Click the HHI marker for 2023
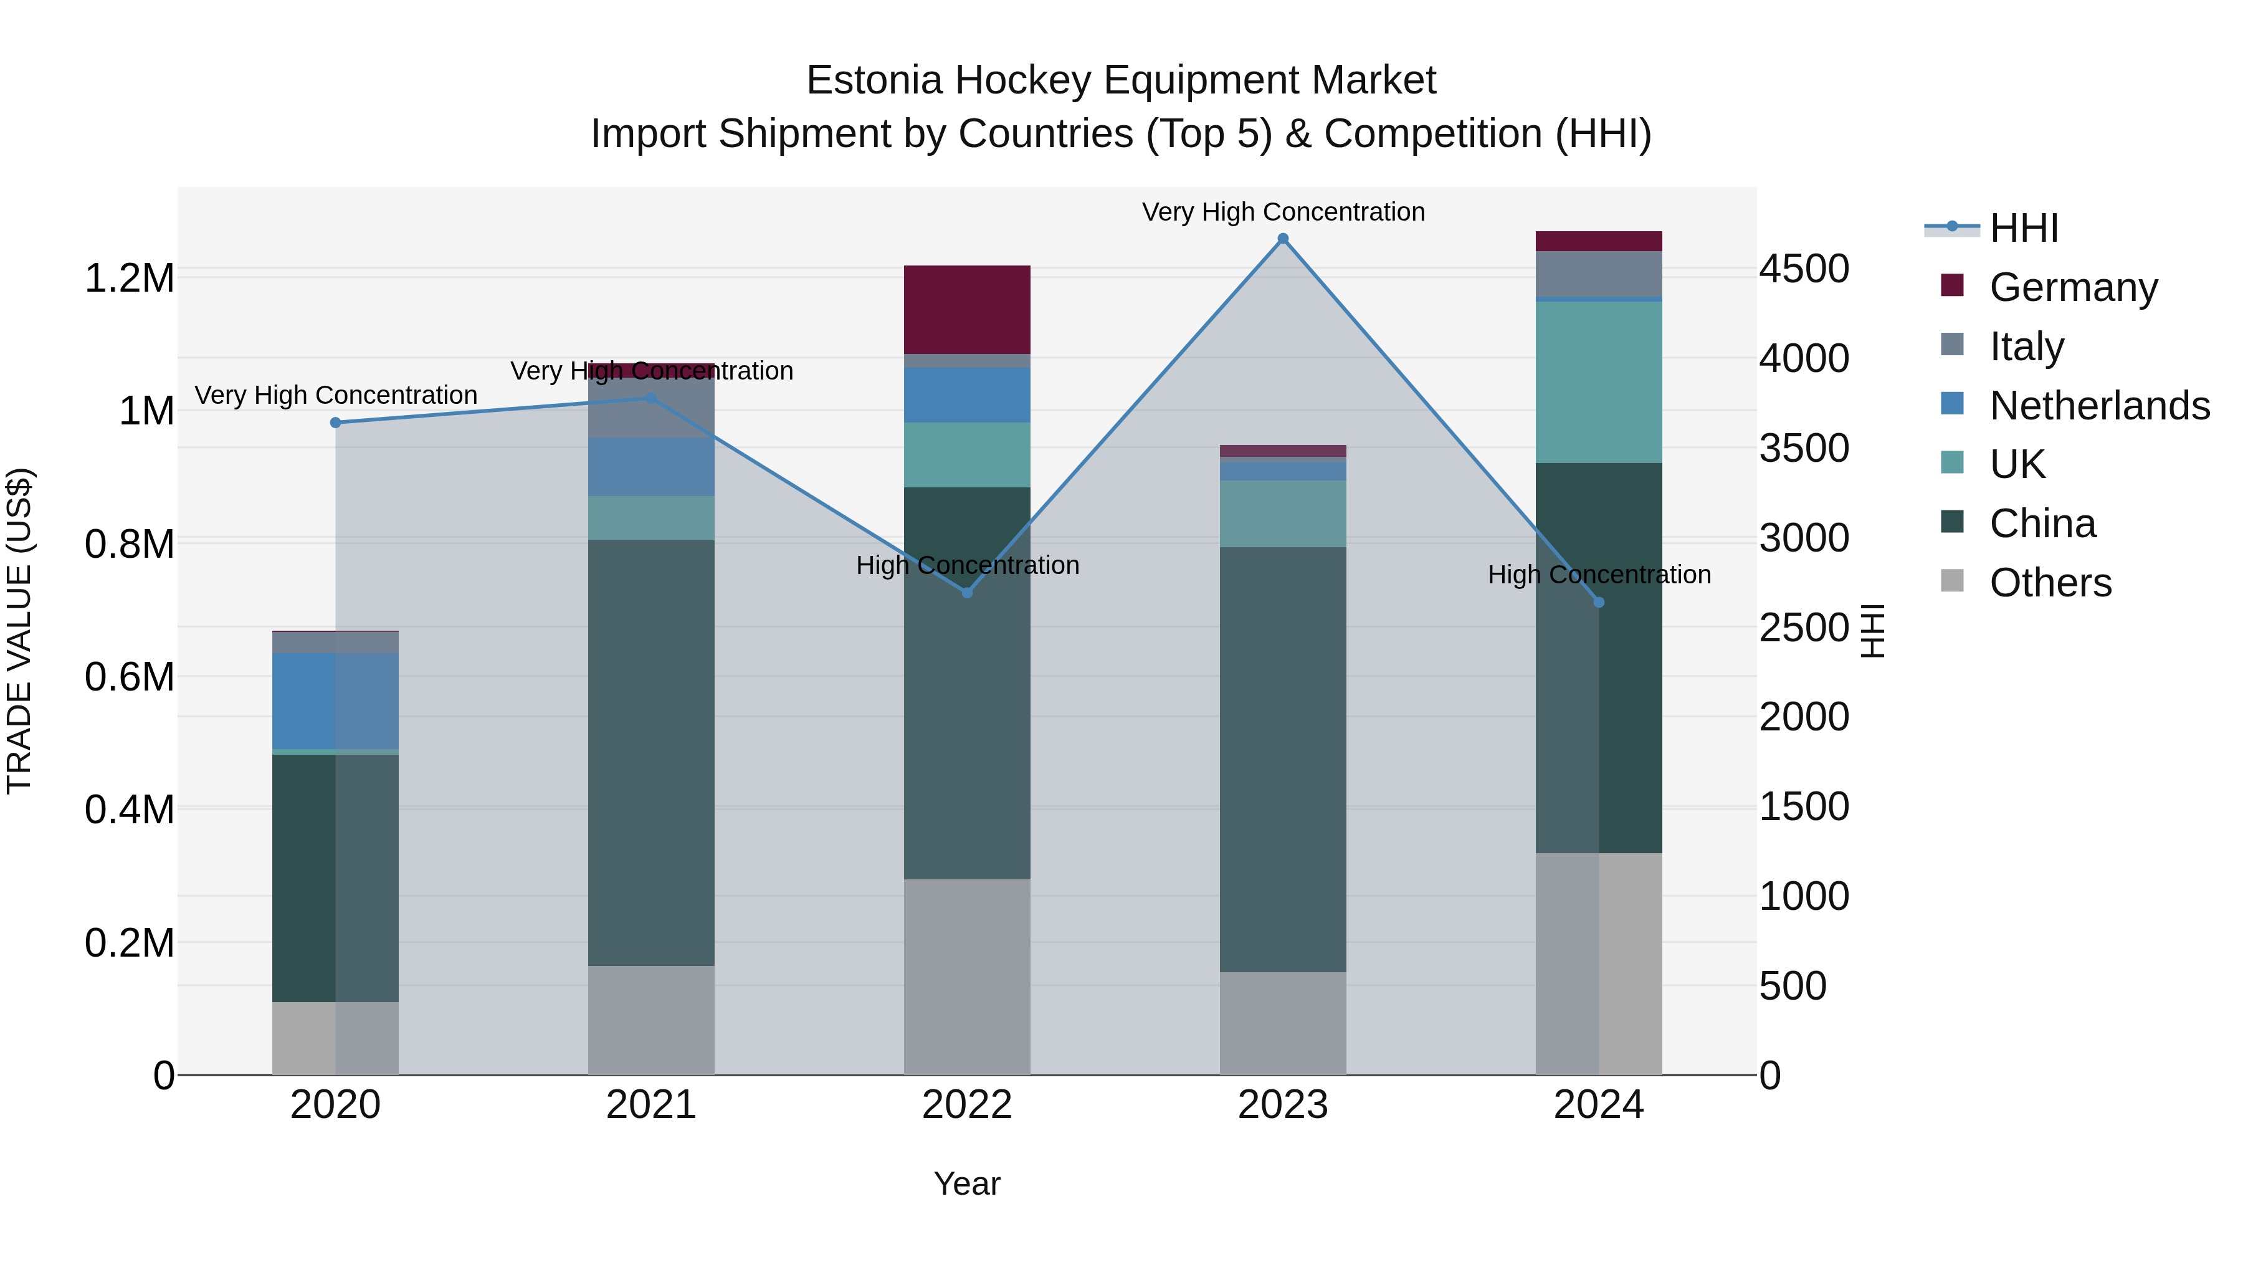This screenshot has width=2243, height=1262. point(1283,239)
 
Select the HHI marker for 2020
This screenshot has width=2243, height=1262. point(335,423)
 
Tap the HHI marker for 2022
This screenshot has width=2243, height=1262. point(966,592)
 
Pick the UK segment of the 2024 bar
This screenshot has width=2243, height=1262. point(1599,381)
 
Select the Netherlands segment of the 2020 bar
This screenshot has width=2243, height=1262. point(335,700)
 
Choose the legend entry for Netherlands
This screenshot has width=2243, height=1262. point(2098,406)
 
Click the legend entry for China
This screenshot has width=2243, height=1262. point(2042,523)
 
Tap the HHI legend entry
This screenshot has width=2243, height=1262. point(2022,228)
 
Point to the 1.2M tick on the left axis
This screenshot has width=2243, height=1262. point(129,279)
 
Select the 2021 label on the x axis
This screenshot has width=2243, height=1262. point(651,1105)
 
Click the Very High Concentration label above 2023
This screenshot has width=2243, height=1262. point(1283,212)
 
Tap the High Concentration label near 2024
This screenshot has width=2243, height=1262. point(1599,575)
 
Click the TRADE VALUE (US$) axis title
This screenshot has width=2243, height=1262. point(19,631)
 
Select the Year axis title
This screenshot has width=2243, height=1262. point(966,1183)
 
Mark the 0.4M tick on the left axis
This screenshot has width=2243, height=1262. point(129,809)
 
